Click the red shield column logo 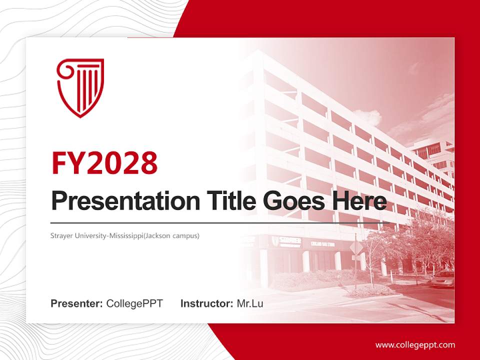tap(80, 87)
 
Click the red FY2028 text tap(104, 162)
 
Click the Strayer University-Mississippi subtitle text tap(125, 235)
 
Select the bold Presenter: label tap(77, 303)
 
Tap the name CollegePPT tap(134, 303)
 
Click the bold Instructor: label tap(206, 303)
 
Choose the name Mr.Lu tap(250, 303)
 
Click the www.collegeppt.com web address tap(415, 344)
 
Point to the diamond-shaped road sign tap(356, 247)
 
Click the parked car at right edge tap(443, 278)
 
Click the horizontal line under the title tap(220, 222)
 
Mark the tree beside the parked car tap(425, 240)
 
